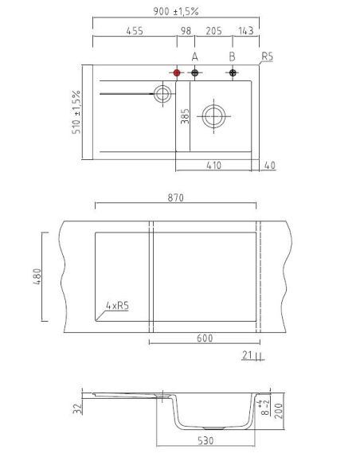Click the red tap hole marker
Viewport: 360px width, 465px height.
[x=177, y=72]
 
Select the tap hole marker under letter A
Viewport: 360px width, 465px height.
[x=194, y=72]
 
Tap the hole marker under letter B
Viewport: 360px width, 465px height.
[x=233, y=72]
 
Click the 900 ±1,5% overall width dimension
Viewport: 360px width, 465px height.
[x=175, y=12]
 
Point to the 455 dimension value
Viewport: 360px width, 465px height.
[x=135, y=31]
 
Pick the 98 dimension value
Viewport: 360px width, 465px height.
[x=186, y=31]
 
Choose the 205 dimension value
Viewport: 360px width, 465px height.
[x=213, y=31]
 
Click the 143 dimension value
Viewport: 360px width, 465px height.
[x=246, y=31]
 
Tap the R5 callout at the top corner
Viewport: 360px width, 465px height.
[x=267, y=57]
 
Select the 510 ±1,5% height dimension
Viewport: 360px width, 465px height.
[x=76, y=112]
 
